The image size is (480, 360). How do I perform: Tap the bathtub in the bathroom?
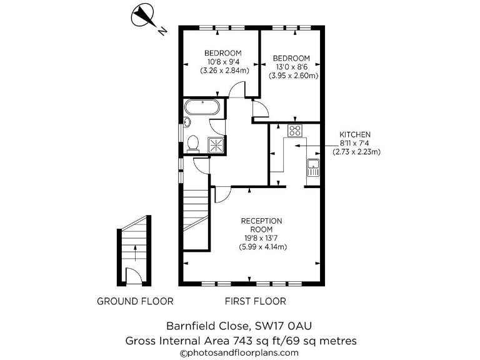pos(202,107)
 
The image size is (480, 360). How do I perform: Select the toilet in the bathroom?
pos(193,143)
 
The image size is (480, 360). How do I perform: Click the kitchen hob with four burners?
pos(294,131)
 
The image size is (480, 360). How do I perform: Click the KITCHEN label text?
pos(355,134)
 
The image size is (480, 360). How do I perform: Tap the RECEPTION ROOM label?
pos(262,225)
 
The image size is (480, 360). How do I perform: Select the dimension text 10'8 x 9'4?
pos(224,62)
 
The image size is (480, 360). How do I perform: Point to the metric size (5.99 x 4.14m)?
pos(262,247)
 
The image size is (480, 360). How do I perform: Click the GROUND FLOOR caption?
pos(135,301)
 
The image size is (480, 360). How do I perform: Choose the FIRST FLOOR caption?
pos(256,301)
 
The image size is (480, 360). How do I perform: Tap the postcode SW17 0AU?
pos(284,326)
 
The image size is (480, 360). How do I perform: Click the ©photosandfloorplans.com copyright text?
pos(240,353)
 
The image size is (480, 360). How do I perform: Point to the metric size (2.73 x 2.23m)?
pos(356,151)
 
